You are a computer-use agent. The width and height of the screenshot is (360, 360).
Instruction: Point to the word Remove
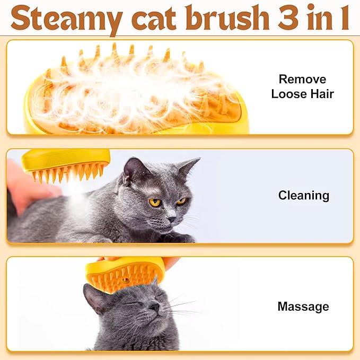[x=302, y=80]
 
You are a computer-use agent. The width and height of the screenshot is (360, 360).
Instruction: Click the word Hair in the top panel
[x=322, y=94]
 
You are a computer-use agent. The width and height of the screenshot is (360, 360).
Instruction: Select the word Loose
[x=289, y=94]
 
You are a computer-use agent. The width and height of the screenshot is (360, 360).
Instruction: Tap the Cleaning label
[x=304, y=196]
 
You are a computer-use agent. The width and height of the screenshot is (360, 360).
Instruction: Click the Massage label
[x=303, y=306]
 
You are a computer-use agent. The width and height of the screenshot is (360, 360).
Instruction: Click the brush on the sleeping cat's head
[x=125, y=274]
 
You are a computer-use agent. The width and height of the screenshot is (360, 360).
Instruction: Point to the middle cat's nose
[x=171, y=217]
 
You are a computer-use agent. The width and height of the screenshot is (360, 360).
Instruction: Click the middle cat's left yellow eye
[x=155, y=202]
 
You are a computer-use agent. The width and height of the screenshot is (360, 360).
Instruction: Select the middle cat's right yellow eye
[x=181, y=201]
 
